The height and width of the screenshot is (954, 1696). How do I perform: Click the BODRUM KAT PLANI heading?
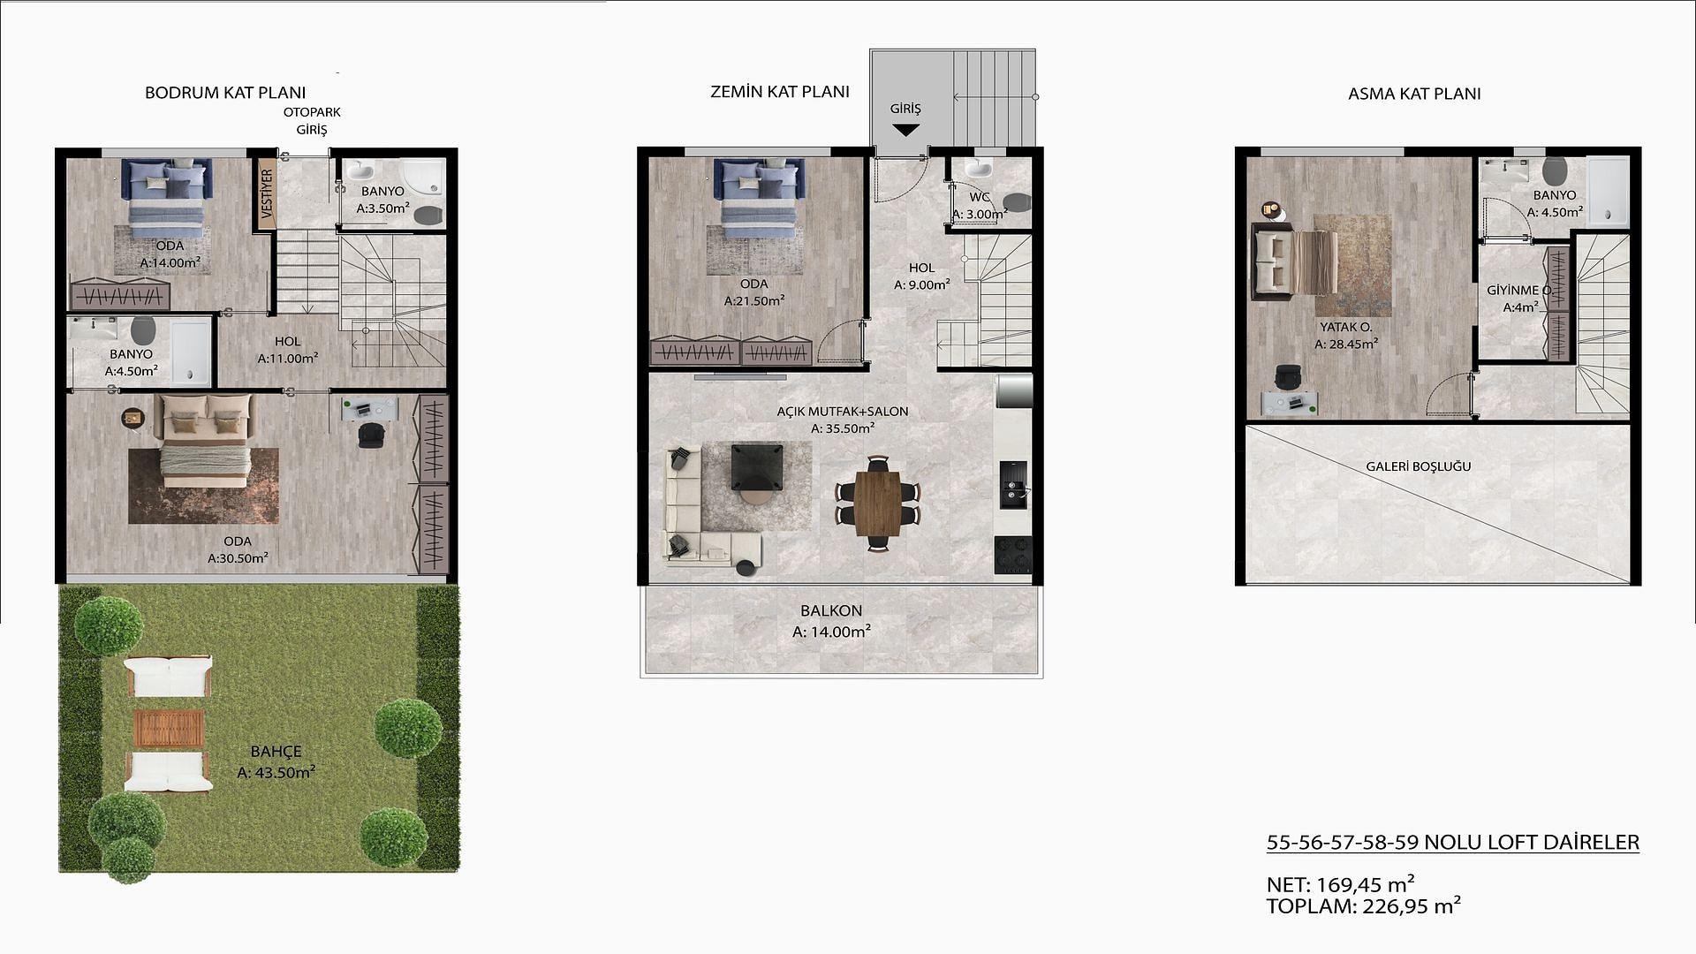pos(225,93)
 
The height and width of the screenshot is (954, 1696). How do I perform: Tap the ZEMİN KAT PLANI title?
pos(780,92)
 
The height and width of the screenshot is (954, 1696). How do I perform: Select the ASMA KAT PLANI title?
pos(1414,94)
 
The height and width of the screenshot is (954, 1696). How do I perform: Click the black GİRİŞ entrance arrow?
pos(905,131)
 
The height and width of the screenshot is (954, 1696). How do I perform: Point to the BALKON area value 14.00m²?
pos(832,632)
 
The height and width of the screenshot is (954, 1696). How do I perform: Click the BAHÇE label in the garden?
pos(276,752)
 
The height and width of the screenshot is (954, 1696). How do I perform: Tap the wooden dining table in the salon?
pos(877,503)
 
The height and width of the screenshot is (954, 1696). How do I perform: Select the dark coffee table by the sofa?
pos(757,467)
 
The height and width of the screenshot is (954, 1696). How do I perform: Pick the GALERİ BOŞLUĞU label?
pos(1419,466)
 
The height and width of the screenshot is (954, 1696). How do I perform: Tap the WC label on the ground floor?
pos(980,197)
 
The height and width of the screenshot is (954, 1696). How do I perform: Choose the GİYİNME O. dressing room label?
pos(1518,291)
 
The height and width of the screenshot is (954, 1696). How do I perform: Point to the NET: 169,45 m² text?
pos(1341,884)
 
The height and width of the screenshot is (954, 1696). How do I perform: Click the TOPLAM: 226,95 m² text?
pos(1364,905)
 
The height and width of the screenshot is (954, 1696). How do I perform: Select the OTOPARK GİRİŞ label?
pos(312,121)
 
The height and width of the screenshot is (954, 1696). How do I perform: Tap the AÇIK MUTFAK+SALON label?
pos(843,411)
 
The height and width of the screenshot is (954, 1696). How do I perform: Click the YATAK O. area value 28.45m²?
pos(1346,344)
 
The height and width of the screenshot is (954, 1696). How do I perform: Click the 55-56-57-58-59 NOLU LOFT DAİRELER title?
pos(1453,843)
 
